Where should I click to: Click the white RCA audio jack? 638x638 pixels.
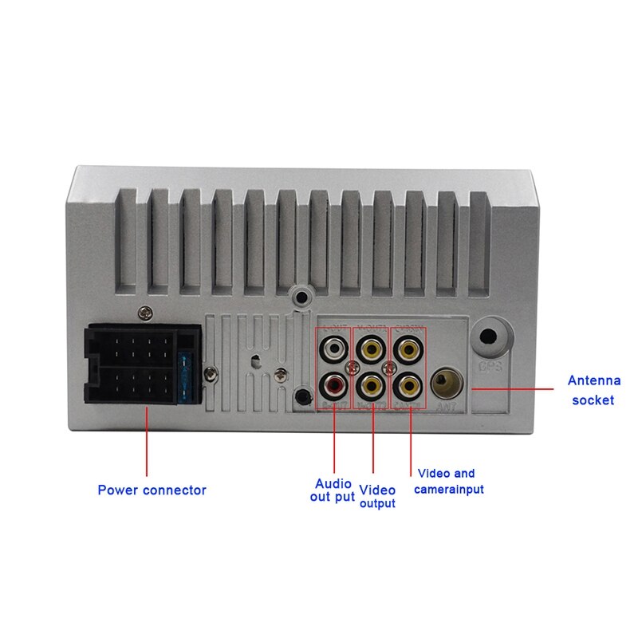pyautogui.click(x=334, y=349)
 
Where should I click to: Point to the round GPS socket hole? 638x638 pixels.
pyautogui.click(x=489, y=339)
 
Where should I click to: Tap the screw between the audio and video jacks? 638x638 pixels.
pyautogui.click(x=352, y=368)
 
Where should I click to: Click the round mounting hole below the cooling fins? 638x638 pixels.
pyautogui.click(x=301, y=297)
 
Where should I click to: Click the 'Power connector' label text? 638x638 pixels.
pyautogui.click(x=152, y=490)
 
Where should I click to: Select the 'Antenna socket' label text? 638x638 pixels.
pyautogui.click(x=593, y=390)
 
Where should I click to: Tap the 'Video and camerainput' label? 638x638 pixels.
pyautogui.click(x=448, y=481)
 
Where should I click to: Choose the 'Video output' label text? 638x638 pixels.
pyautogui.click(x=377, y=496)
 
